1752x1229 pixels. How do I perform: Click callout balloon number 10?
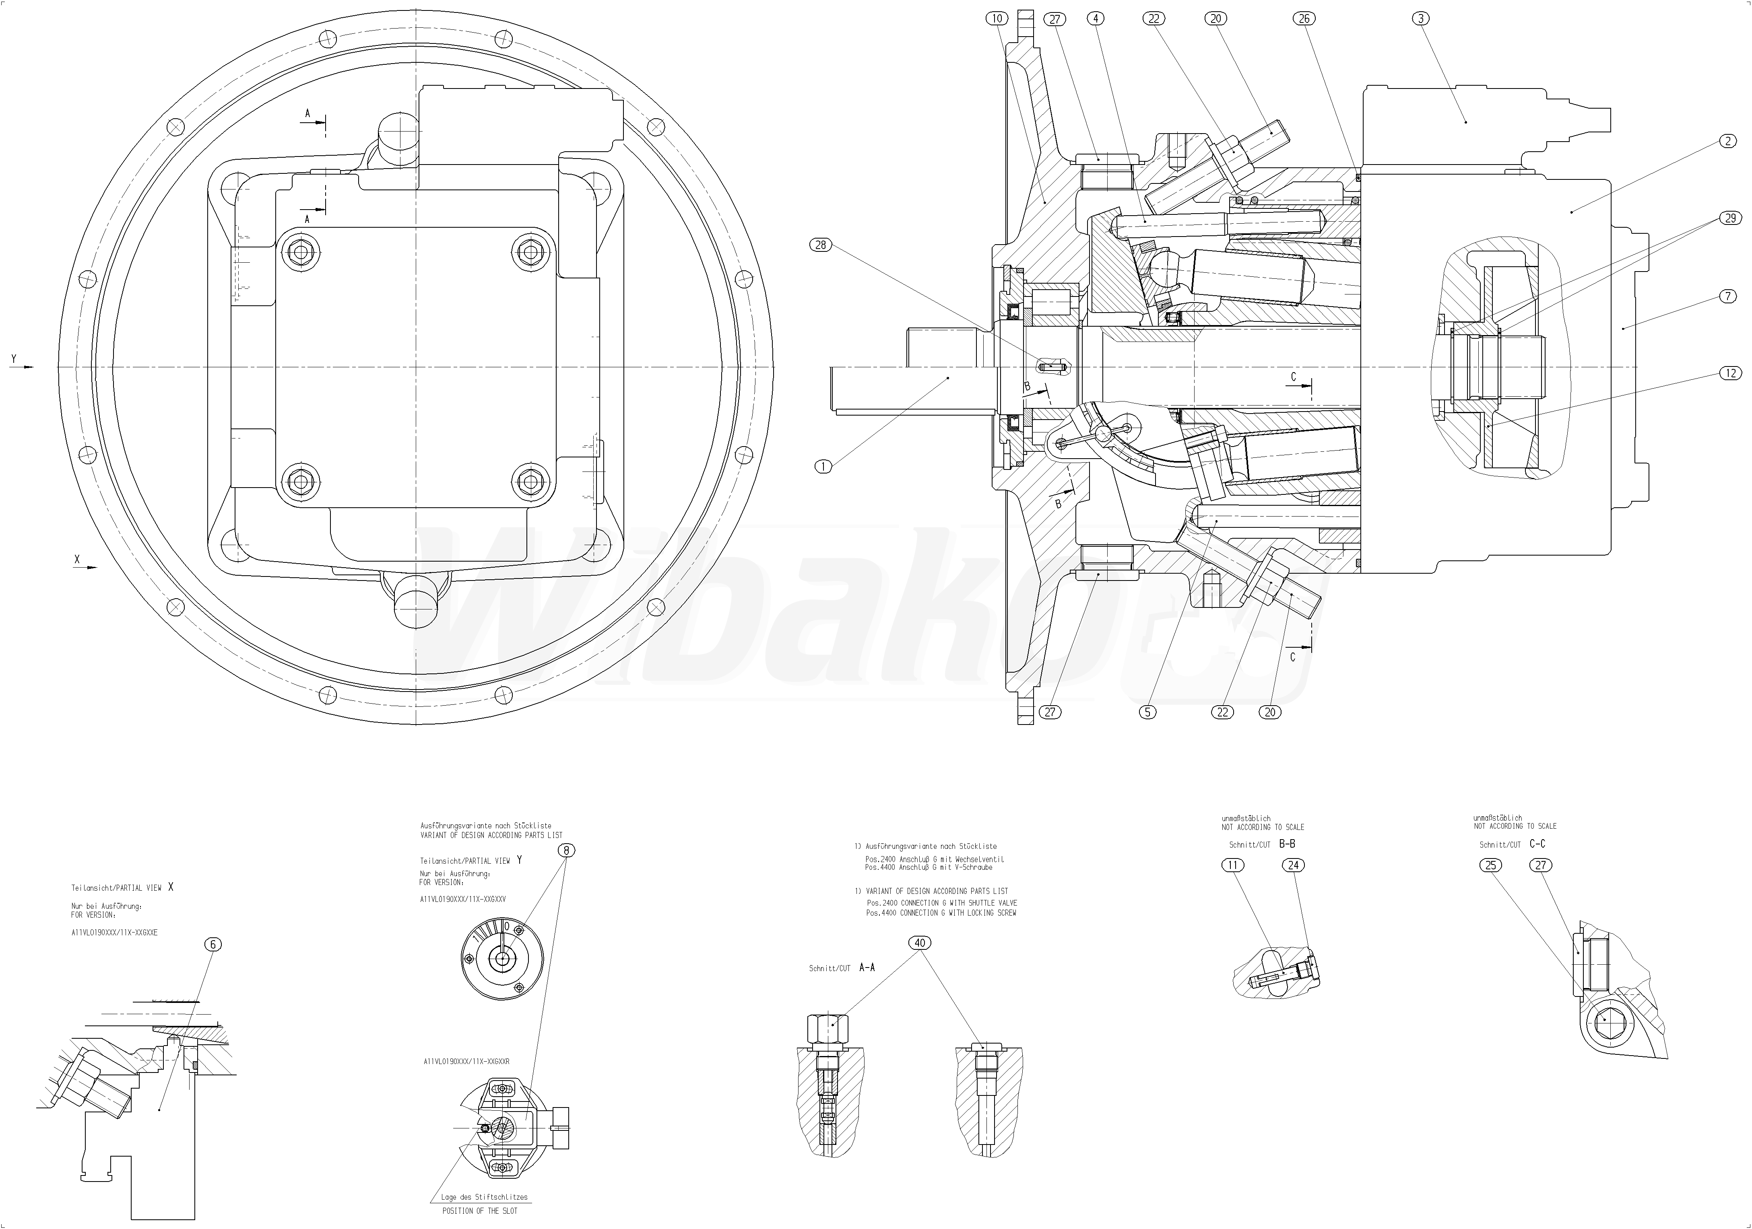pyautogui.click(x=998, y=19)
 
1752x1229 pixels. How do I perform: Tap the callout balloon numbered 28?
pyautogui.click(x=821, y=245)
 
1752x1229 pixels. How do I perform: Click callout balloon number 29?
pyautogui.click(x=1729, y=218)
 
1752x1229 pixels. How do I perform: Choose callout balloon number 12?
pyautogui.click(x=1729, y=373)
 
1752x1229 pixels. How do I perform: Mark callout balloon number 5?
pyautogui.click(x=1147, y=712)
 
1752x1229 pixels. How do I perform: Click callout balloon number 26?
pyautogui.click(x=1306, y=19)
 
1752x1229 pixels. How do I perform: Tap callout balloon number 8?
pyautogui.click(x=565, y=850)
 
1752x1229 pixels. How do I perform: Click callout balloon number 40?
pyautogui.click(x=920, y=943)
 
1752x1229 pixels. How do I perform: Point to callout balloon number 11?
pyautogui.click(x=1233, y=865)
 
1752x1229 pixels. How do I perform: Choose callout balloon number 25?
pyautogui.click(x=1491, y=865)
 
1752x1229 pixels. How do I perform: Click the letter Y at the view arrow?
pyautogui.click(x=13, y=358)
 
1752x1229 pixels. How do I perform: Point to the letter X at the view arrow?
pyautogui.click(x=76, y=559)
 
